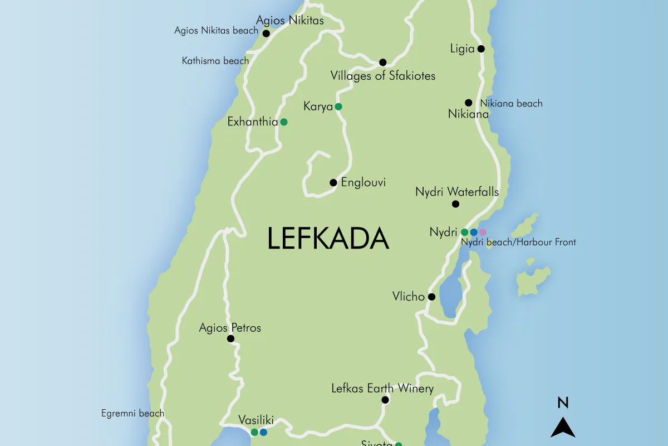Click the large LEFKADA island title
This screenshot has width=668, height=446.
coord(328,239)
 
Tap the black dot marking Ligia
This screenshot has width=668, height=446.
coord(481,49)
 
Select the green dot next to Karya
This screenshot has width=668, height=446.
coord(338,106)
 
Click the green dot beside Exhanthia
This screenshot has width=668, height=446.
coord(283,122)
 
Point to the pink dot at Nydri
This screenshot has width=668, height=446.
coord(483,232)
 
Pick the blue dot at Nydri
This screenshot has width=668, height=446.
coord(474,232)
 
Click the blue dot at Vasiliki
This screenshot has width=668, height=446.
coord(263,432)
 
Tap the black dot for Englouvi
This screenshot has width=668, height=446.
coord(333,182)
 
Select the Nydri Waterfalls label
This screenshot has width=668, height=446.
coord(456,192)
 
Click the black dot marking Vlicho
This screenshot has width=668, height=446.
coord(431,297)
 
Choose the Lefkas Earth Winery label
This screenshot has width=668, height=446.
coord(382,389)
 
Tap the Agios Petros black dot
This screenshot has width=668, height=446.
coord(230,338)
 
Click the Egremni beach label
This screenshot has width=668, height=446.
coord(132,413)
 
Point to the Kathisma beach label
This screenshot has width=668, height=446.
coord(215,61)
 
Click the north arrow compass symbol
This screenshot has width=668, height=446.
coord(563,428)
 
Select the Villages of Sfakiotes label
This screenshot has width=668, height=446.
coord(382,75)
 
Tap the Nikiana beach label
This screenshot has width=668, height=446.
coord(511,103)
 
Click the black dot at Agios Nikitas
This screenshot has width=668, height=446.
coord(266,33)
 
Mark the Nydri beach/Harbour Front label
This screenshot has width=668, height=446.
coord(518,242)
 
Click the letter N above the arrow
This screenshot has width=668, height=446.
coord(563,403)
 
